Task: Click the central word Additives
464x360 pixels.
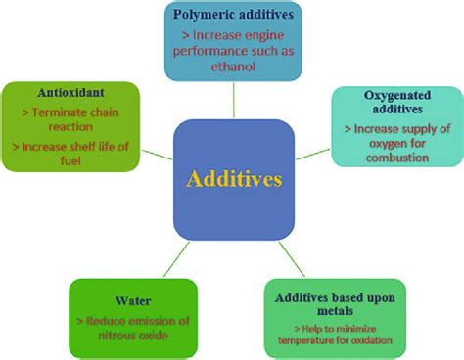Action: [x=233, y=181]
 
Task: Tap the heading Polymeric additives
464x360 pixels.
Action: [x=232, y=16]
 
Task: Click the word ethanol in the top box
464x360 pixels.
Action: [x=233, y=67]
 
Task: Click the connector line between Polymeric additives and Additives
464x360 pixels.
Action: [x=233, y=100]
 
